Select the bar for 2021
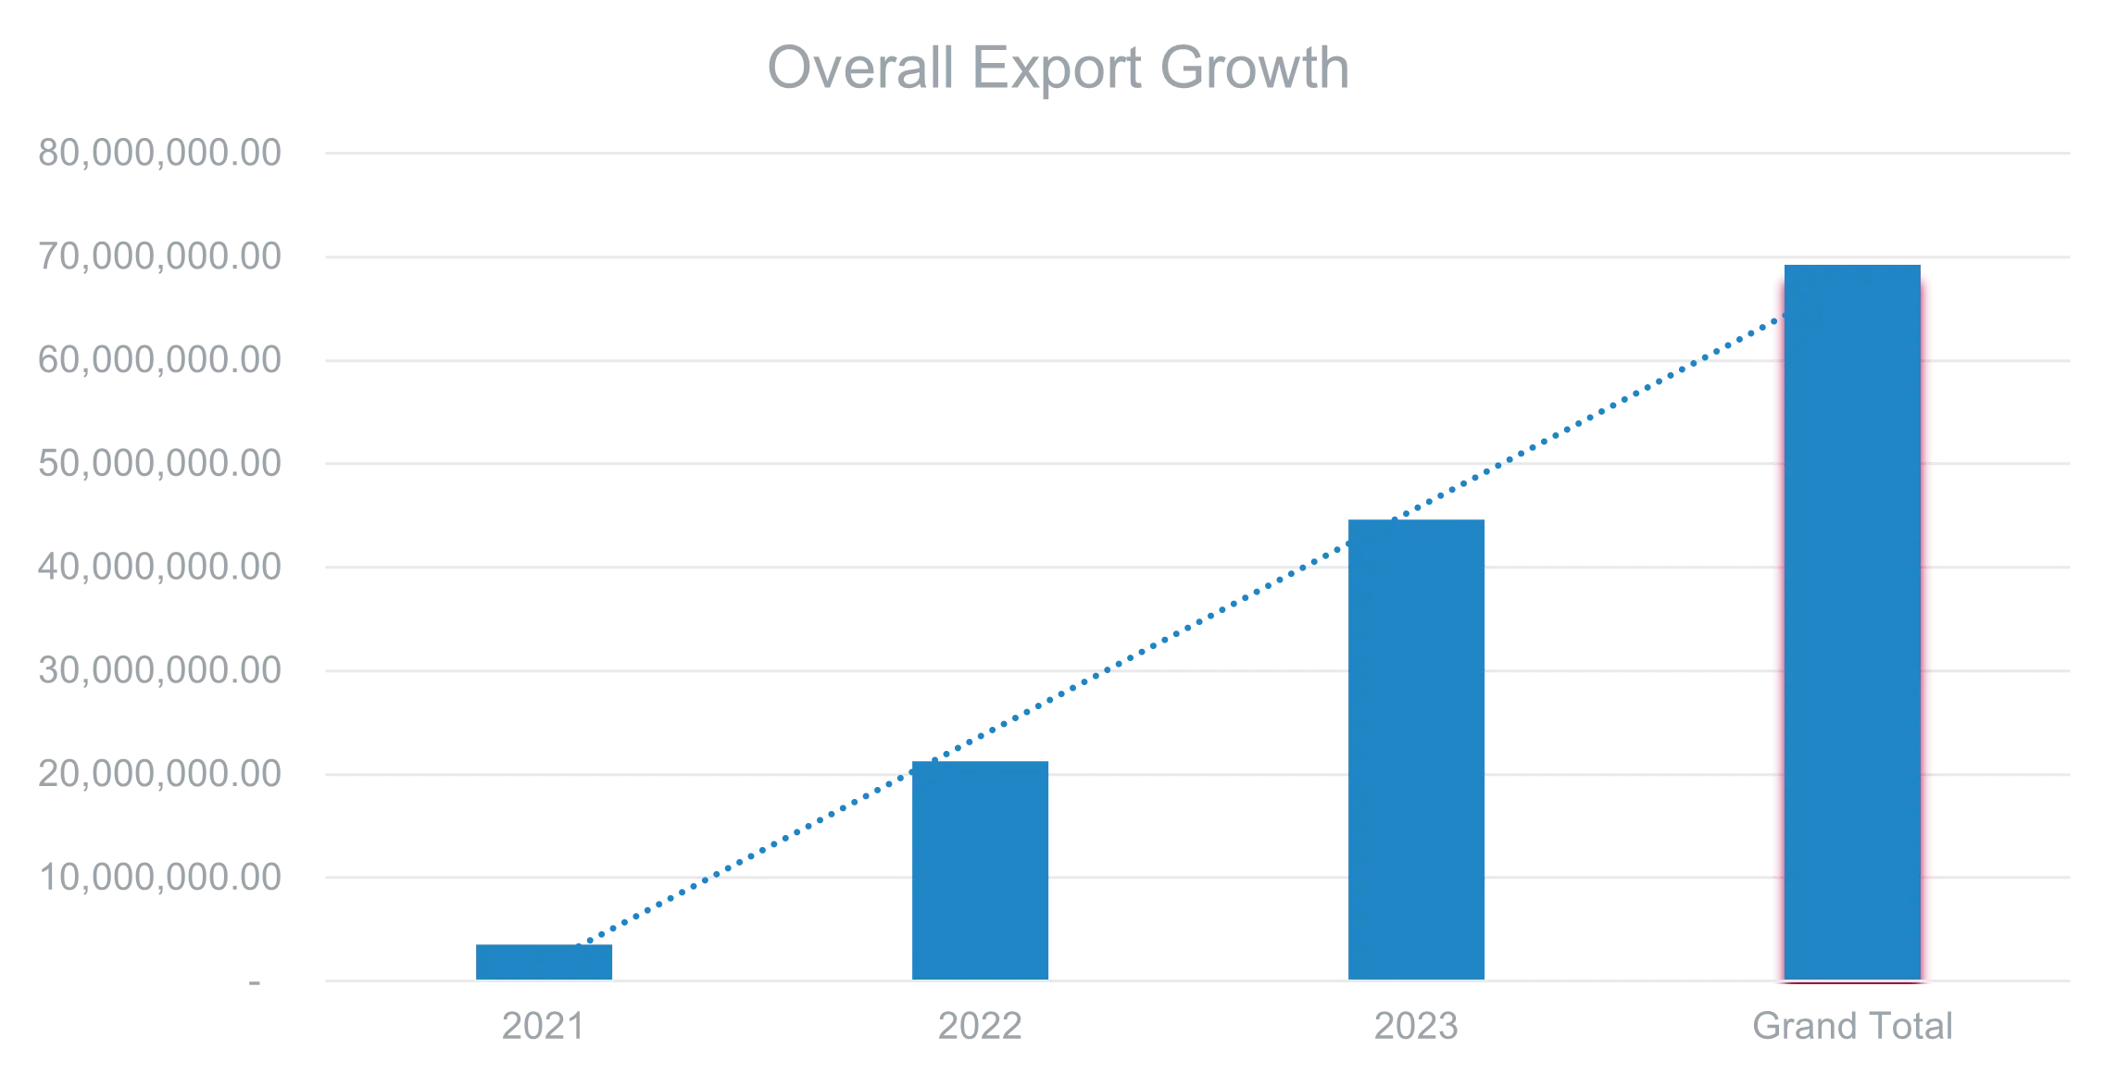545,962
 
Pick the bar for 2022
981,869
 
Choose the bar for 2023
1418,749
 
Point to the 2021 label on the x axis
542,1026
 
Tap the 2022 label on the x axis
978,1026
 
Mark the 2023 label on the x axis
1415,1026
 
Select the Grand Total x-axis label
1852,1026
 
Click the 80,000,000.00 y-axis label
158,153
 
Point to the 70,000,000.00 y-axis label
158,256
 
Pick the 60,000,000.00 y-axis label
158,360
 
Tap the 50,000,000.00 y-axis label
158,464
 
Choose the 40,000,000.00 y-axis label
158,568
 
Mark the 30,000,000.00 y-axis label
158,671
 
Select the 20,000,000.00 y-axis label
158,775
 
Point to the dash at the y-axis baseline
256,981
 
